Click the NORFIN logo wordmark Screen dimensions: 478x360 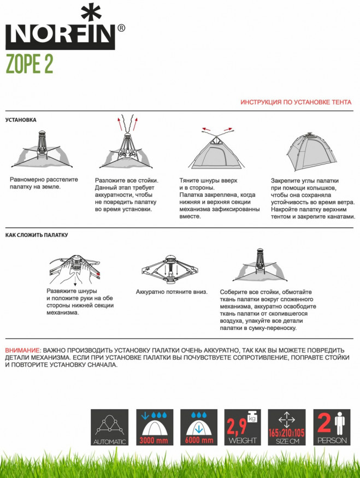[61, 37]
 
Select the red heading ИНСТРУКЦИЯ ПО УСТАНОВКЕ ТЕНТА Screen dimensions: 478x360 [296, 102]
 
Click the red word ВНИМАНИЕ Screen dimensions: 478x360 [22, 350]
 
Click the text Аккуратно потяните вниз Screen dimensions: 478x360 [172, 292]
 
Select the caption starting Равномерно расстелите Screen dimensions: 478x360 [44, 183]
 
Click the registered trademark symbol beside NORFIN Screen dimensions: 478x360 [121, 28]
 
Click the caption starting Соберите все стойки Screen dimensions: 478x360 [268, 310]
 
